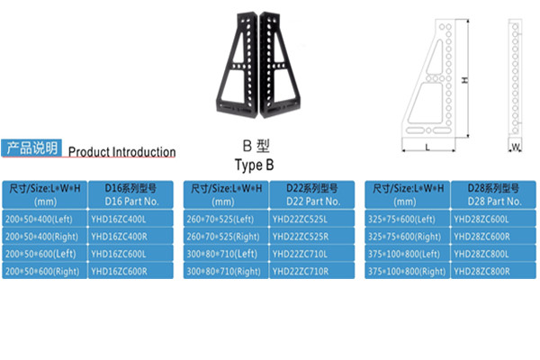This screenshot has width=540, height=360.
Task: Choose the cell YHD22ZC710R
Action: click(310, 271)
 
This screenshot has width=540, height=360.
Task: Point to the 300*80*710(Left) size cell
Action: click(225, 254)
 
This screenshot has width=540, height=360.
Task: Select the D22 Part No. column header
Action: click(310, 194)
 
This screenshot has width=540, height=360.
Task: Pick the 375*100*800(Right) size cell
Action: click(408, 271)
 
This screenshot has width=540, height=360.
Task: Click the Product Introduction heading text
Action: click(121, 152)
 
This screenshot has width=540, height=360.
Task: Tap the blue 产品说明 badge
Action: click(31, 148)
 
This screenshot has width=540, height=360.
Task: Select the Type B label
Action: click(253, 166)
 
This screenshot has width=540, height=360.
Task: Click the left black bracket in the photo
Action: click(239, 67)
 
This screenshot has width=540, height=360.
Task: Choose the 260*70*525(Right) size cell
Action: click(225, 237)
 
